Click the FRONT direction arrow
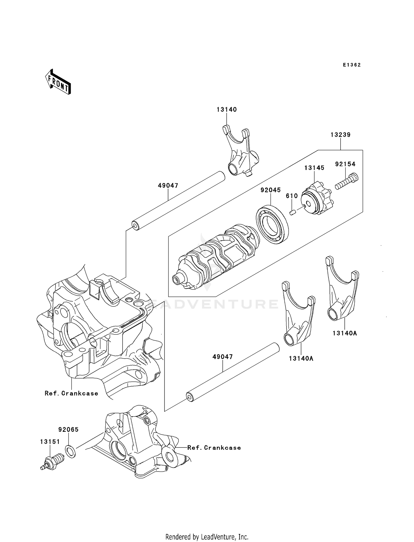point(58,82)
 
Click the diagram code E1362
point(352,65)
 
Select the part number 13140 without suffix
point(227,110)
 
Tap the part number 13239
point(341,135)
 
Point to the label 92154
point(345,164)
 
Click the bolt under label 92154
point(347,182)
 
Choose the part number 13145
point(314,168)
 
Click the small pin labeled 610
point(293,212)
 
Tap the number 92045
point(271,190)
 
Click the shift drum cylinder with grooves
point(218,257)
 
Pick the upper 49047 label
point(168,186)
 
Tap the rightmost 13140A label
point(345,333)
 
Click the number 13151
point(50,442)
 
